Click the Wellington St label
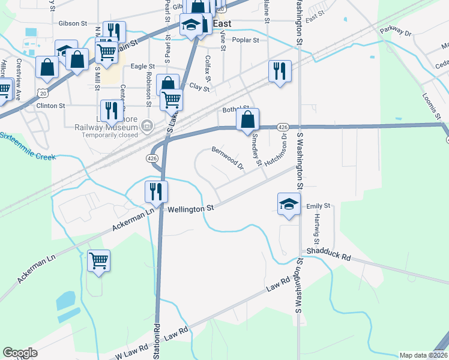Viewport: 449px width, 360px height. pos(191,209)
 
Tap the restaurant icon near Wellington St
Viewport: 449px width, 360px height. pos(156,191)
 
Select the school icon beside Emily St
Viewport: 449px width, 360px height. pos(289,203)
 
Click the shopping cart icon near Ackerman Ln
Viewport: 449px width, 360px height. pos(98,260)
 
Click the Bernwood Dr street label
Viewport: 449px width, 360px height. pos(227,157)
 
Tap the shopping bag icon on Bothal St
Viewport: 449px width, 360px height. pos(247,119)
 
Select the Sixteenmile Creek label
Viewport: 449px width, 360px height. pos(28,147)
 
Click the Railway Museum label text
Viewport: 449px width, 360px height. pos(106,128)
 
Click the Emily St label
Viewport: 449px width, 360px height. pos(319,206)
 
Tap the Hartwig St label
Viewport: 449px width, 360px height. pos(316,230)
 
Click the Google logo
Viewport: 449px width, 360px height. pos(20,353)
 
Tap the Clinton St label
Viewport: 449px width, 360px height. pos(50,106)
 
